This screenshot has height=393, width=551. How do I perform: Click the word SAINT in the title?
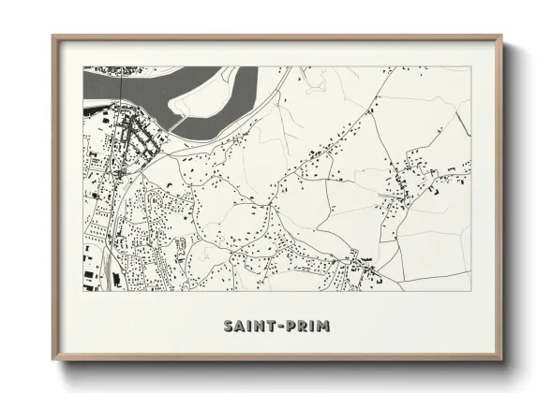tap(246, 327)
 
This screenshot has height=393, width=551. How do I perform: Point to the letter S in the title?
tap(229, 327)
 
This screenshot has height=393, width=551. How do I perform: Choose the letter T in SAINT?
tap(266, 327)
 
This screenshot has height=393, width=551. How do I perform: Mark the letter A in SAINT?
tap(239, 327)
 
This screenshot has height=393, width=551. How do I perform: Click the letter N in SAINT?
tap(256, 327)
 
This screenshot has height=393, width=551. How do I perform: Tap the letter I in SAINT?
tap(247, 327)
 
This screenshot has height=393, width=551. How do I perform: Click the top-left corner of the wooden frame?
tap(53, 36)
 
